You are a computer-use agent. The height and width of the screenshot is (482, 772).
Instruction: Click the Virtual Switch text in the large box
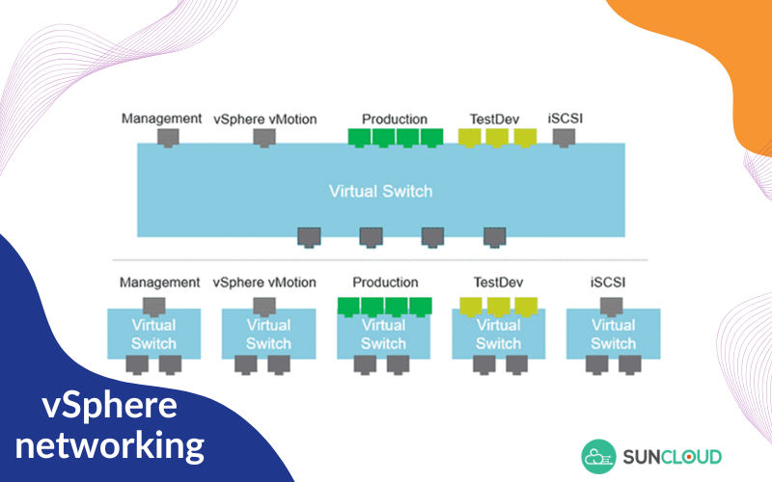380,190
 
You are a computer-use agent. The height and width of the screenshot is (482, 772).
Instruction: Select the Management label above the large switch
162,119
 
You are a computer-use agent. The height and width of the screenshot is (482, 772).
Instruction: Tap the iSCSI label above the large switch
565,119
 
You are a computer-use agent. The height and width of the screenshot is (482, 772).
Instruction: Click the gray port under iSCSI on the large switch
565,137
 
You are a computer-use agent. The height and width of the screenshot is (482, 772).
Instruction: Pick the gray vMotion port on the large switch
264,137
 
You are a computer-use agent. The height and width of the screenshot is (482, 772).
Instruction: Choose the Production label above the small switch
385,282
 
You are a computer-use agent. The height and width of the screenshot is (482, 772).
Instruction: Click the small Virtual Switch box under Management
153,334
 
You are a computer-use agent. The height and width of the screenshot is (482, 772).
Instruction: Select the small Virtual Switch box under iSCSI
613,334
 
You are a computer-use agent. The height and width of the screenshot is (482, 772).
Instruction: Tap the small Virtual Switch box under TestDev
498,334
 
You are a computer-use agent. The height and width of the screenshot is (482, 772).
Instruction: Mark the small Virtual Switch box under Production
383,334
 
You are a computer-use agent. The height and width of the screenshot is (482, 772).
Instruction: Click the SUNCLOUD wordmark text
673,455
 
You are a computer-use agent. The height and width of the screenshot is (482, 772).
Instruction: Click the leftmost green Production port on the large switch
359,137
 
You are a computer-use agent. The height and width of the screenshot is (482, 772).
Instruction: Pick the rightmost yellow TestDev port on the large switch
525,137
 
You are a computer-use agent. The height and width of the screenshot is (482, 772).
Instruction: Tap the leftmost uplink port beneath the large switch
309,236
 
